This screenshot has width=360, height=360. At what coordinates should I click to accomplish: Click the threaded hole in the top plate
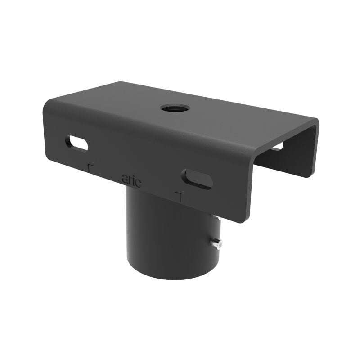(175, 108)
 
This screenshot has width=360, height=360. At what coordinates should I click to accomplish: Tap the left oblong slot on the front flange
(76, 143)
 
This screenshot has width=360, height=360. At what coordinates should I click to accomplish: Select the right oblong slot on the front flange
(197, 178)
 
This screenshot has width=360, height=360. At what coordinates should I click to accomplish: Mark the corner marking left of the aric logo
(90, 168)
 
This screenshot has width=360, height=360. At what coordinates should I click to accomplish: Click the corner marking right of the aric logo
(178, 197)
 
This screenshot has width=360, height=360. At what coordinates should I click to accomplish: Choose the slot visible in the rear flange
(278, 146)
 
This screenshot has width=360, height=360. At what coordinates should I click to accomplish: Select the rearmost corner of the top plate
(121, 82)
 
